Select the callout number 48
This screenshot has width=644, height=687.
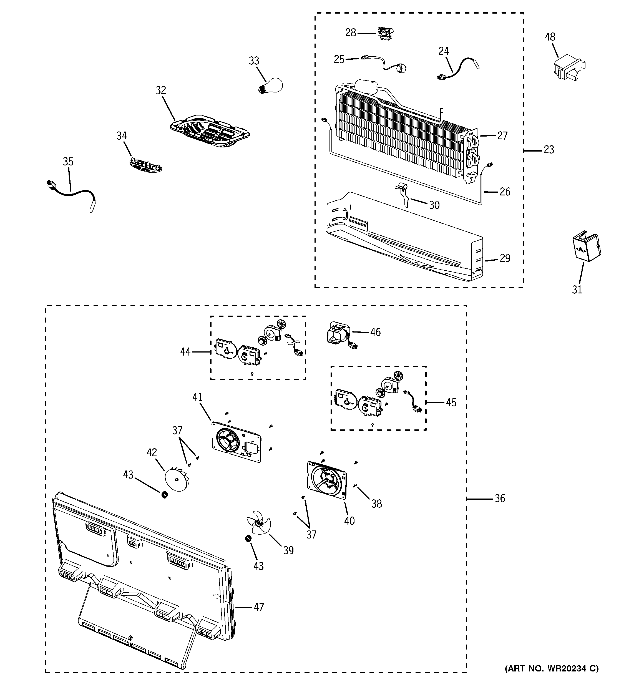550,37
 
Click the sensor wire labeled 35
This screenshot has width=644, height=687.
71,193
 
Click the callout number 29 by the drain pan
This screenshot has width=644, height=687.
505,258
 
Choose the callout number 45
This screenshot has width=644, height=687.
451,402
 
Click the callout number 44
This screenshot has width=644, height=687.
185,352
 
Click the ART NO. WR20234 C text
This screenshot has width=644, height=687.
551,669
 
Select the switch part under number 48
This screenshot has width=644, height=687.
568,69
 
